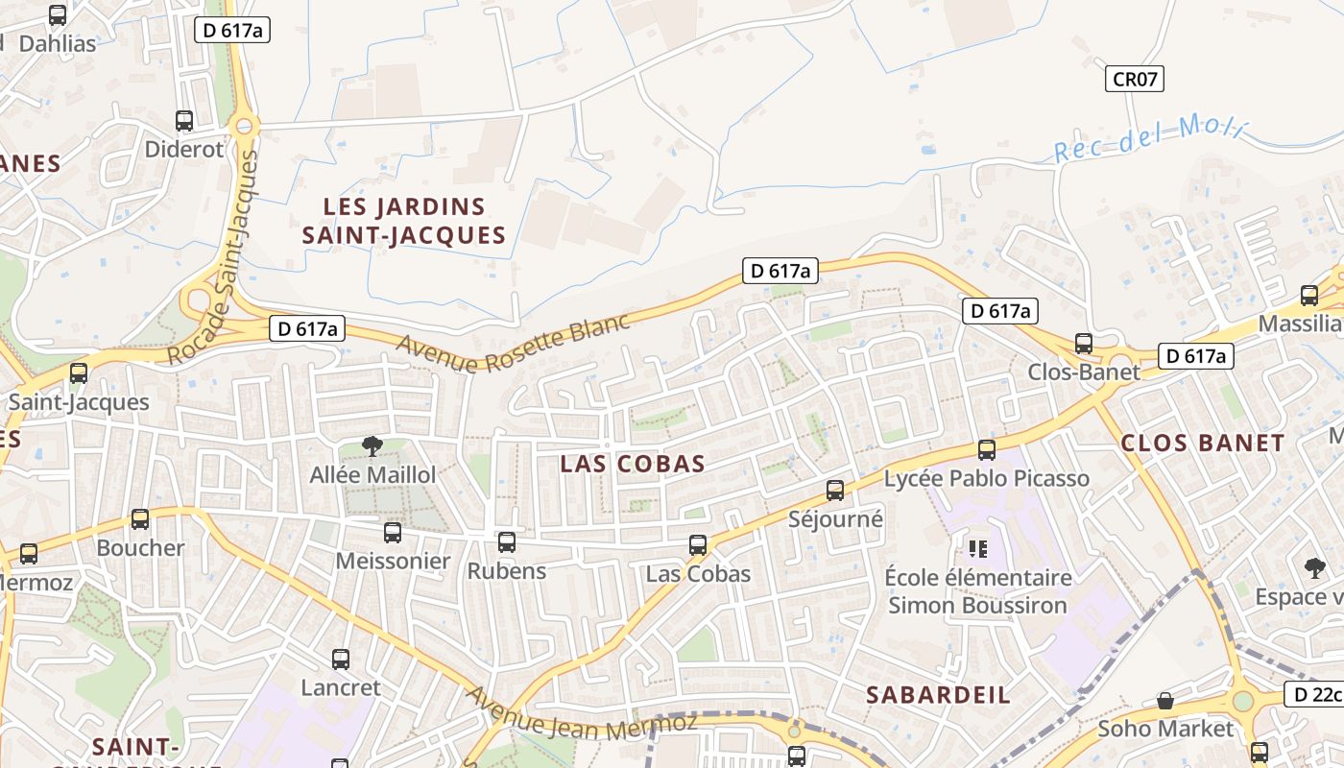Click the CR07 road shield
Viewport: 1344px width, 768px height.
pyautogui.click(x=1136, y=79)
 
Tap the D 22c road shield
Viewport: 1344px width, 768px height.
pyautogui.click(x=1313, y=694)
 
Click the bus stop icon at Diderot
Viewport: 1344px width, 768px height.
pyautogui.click(x=184, y=121)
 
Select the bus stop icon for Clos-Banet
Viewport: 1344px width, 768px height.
pyautogui.click(x=1084, y=343)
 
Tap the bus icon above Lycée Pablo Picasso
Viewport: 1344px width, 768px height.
pyautogui.click(x=986, y=449)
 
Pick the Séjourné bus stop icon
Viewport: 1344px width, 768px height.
pyautogui.click(x=835, y=491)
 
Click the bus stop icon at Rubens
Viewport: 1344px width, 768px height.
pyautogui.click(x=507, y=542)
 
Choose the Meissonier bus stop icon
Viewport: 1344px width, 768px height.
pyautogui.click(x=393, y=533)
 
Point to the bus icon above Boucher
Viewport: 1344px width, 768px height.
pyautogui.click(x=140, y=519)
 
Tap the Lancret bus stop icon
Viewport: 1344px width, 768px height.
pyautogui.click(x=341, y=660)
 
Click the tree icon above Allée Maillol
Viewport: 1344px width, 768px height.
pyautogui.click(x=372, y=445)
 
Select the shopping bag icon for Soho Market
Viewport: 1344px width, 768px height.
pyautogui.click(x=1165, y=701)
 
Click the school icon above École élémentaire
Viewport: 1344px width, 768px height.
pyautogui.click(x=978, y=549)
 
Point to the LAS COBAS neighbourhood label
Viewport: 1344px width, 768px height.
pyautogui.click(x=633, y=465)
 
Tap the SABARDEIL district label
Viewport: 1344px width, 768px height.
pyautogui.click(x=938, y=695)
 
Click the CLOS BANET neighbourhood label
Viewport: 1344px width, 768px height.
pyautogui.click(x=1202, y=444)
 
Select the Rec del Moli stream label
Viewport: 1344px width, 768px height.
pyautogui.click(x=1149, y=138)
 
